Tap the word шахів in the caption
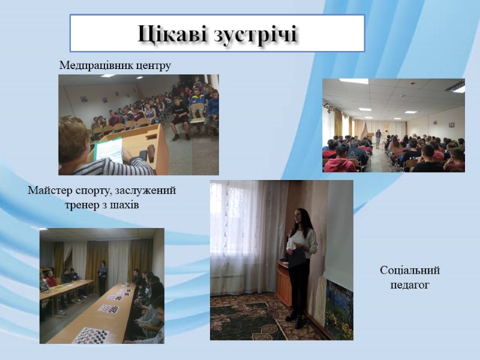(125, 205)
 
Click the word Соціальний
(410, 271)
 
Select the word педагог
(410, 285)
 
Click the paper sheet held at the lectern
(109, 150)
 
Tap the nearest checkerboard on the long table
(91, 335)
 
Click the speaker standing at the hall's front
(379, 139)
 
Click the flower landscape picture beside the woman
(339, 308)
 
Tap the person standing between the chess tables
(102, 278)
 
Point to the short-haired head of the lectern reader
(73, 139)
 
